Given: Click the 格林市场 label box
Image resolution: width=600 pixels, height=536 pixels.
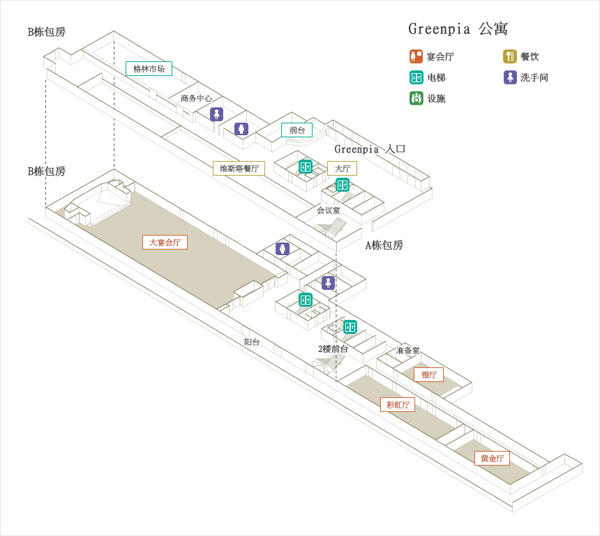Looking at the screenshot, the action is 149,69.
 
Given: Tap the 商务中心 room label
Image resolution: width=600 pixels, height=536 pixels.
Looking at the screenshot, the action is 196,98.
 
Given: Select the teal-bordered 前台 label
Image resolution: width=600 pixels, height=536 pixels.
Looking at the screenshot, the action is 297,130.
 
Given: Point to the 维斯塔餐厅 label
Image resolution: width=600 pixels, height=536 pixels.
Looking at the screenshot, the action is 239,168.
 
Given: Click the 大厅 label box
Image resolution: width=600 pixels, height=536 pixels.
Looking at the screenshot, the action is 342,168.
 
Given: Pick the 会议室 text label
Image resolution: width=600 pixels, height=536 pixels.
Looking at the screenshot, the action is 329,210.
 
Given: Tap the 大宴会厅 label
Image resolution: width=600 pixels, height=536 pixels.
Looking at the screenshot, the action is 165,242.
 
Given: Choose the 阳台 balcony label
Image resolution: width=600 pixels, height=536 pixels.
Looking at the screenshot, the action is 252,342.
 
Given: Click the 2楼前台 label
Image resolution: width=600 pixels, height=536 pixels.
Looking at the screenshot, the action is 333,349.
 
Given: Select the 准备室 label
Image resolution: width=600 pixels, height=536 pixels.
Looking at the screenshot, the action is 408,350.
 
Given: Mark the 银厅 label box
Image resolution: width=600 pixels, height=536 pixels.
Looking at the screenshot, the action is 428,375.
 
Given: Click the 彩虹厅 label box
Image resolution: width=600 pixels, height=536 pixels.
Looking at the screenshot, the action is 398,404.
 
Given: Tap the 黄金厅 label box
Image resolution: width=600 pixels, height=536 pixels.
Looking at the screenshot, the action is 492,458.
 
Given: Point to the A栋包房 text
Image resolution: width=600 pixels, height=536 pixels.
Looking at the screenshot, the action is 384,245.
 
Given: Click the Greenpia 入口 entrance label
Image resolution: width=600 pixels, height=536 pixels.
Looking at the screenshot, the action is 370,148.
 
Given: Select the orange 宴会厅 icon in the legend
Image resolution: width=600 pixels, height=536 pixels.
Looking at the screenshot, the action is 416,56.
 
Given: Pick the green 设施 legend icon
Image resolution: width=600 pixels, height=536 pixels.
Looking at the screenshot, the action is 416,98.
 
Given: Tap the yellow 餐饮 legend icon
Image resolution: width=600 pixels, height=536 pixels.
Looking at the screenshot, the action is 510,56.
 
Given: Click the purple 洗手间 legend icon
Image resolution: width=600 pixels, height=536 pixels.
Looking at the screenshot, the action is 510,77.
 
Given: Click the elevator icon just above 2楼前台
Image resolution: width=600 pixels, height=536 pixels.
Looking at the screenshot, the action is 350,327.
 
